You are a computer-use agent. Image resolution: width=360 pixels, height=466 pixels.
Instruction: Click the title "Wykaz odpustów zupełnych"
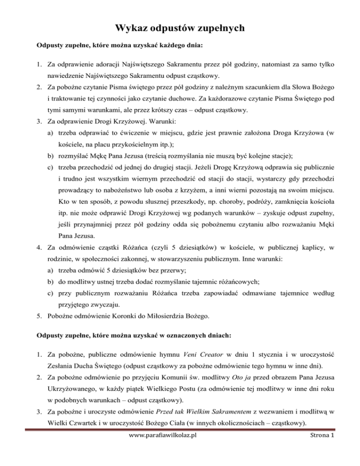tap(180, 29)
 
